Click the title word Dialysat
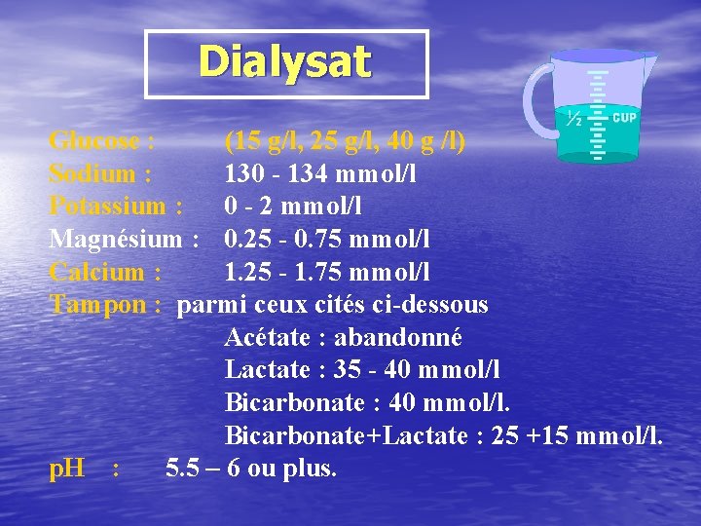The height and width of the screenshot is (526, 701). (285, 62)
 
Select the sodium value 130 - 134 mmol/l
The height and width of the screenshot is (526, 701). (320, 174)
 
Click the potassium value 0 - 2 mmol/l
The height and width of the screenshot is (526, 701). (292, 207)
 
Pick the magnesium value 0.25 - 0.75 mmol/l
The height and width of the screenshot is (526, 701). (327, 239)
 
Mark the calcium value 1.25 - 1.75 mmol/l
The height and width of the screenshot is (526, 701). (327, 272)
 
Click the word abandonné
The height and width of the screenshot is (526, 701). (397, 338)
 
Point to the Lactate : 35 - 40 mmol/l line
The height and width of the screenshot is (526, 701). (362, 370)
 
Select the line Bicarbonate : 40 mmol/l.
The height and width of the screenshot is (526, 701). (367, 403)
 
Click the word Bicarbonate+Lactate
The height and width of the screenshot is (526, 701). (346, 435)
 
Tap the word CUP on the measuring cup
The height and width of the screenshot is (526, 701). (624, 118)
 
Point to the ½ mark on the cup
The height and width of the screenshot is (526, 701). (574, 119)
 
